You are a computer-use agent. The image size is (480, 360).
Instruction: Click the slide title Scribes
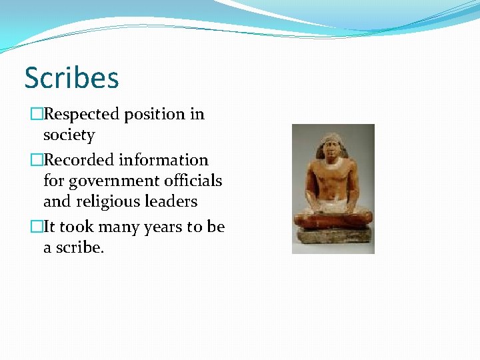tap(71, 77)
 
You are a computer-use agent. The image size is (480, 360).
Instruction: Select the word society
tap(69, 135)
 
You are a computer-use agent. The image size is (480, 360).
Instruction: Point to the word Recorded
tap(79, 160)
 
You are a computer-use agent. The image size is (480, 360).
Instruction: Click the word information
tap(164, 160)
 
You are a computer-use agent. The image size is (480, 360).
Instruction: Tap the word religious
tap(106, 201)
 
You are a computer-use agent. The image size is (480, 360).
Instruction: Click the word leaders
tap(173, 201)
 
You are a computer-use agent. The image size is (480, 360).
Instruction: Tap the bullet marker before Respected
tap(36, 115)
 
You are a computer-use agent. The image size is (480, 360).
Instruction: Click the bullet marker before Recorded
tap(36, 161)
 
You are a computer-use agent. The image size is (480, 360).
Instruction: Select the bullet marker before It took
tap(36, 227)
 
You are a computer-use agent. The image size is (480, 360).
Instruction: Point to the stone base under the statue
tap(333, 237)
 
